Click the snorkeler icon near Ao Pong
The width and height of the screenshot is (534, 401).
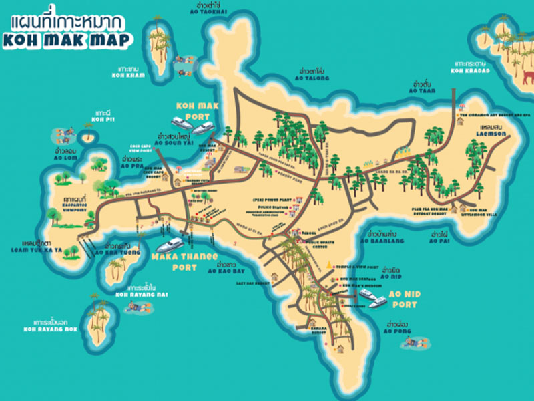415,343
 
